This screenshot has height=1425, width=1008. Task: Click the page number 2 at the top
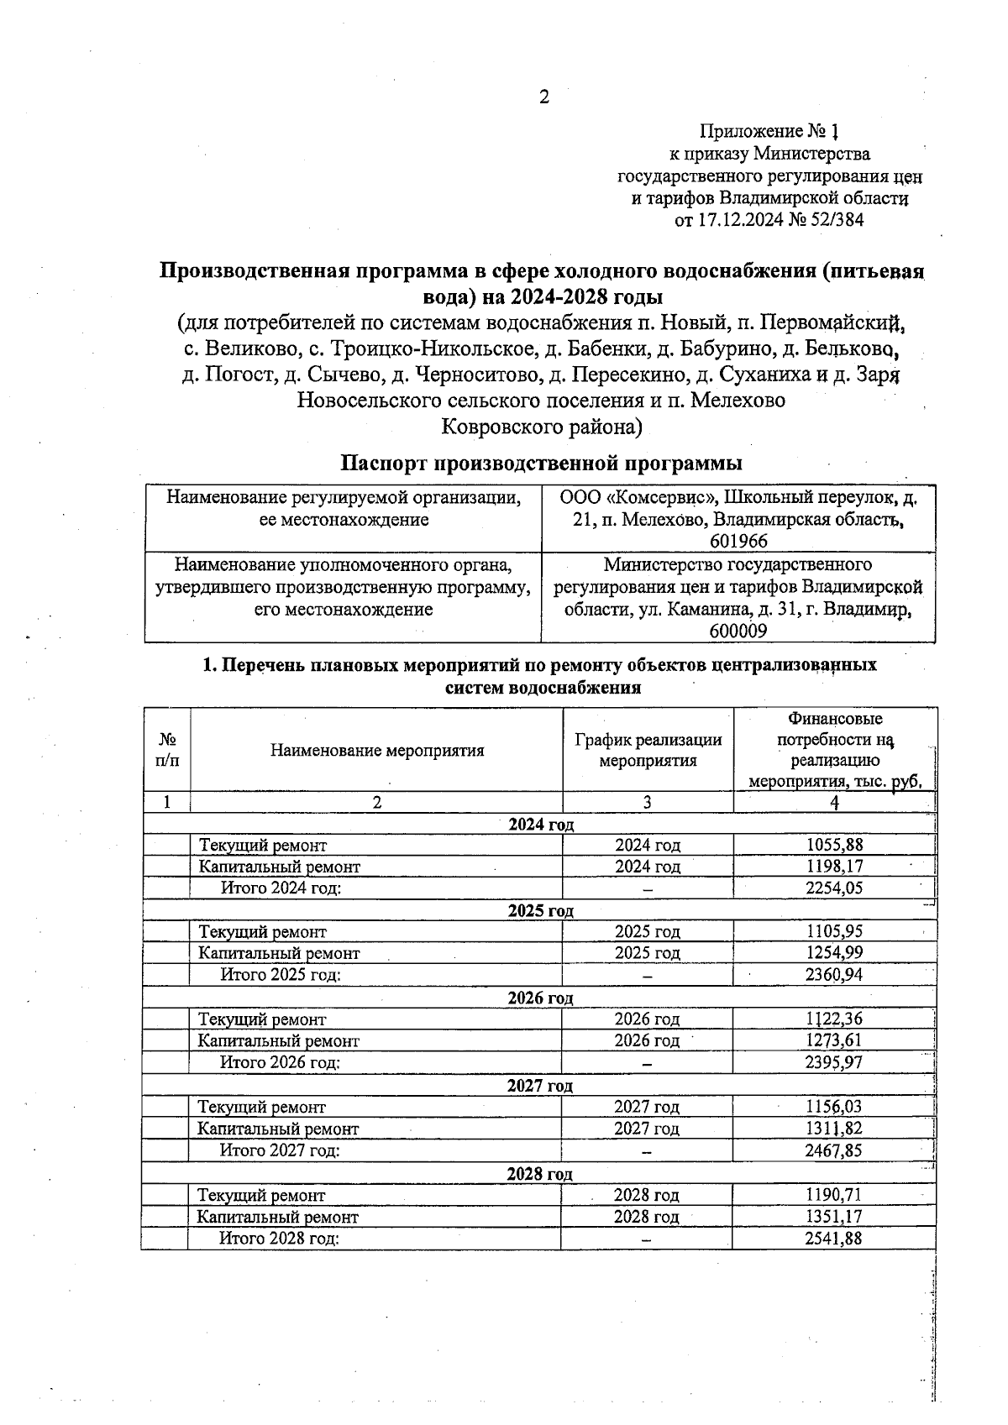pos(543,97)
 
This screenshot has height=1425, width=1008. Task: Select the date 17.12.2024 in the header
pos(740,221)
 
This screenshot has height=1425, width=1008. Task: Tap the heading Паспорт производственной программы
pos(541,463)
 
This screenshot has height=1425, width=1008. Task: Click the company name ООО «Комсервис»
pos(638,498)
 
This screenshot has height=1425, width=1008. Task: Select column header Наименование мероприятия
pos(377,751)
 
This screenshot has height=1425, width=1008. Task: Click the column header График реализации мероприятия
pos(648,751)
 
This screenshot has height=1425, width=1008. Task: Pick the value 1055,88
pos(834,845)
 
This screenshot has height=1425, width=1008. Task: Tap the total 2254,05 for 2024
pos(834,888)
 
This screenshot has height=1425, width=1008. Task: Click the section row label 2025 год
pos(540,911)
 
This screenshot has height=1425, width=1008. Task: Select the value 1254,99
pos(834,953)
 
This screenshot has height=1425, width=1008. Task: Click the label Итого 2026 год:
pos(280,1062)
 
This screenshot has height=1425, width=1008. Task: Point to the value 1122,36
pos(834,1019)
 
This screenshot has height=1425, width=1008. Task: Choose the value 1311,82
pos(834,1129)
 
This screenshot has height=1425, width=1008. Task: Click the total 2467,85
pos(834,1150)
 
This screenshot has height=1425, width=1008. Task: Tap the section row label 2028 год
pos(539,1174)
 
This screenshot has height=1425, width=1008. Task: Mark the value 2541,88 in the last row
pos(834,1239)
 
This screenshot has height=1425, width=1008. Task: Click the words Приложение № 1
pos(769,132)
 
